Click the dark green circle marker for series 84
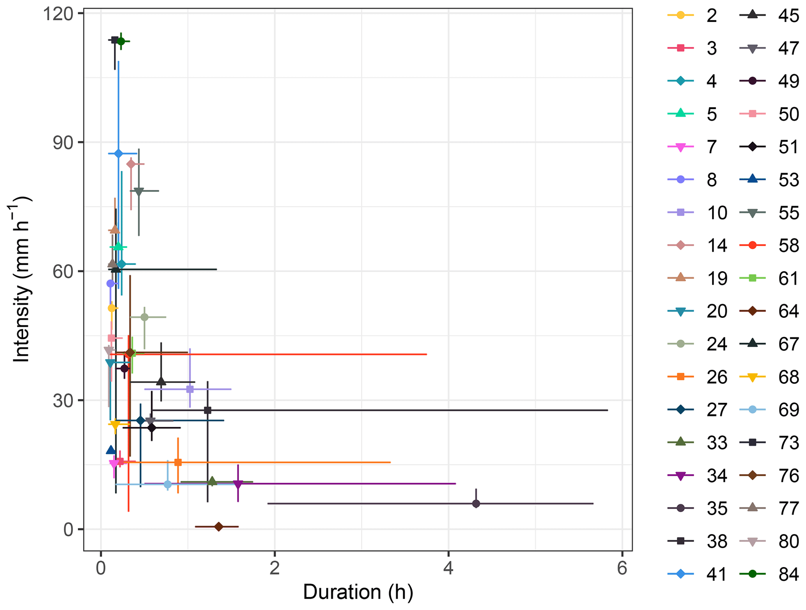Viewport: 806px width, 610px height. click(x=121, y=41)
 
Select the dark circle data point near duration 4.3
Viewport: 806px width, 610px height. click(x=476, y=504)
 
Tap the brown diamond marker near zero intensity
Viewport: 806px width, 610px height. click(x=219, y=527)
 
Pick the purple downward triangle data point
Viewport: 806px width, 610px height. click(x=238, y=484)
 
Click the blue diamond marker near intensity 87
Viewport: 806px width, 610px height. click(x=119, y=154)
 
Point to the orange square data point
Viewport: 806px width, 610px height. click(x=178, y=462)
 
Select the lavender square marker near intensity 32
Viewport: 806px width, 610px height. click(x=190, y=389)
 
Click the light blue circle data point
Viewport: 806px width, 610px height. click(x=168, y=485)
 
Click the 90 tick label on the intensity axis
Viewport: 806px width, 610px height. click(x=63, y=143)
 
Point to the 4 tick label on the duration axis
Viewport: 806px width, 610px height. click(x=448, y=568)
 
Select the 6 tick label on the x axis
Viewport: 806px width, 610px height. click(x=622, y=568)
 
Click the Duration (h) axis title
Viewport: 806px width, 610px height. click(x=358, y=592)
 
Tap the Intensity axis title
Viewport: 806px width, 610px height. click(x=21, y=279)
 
